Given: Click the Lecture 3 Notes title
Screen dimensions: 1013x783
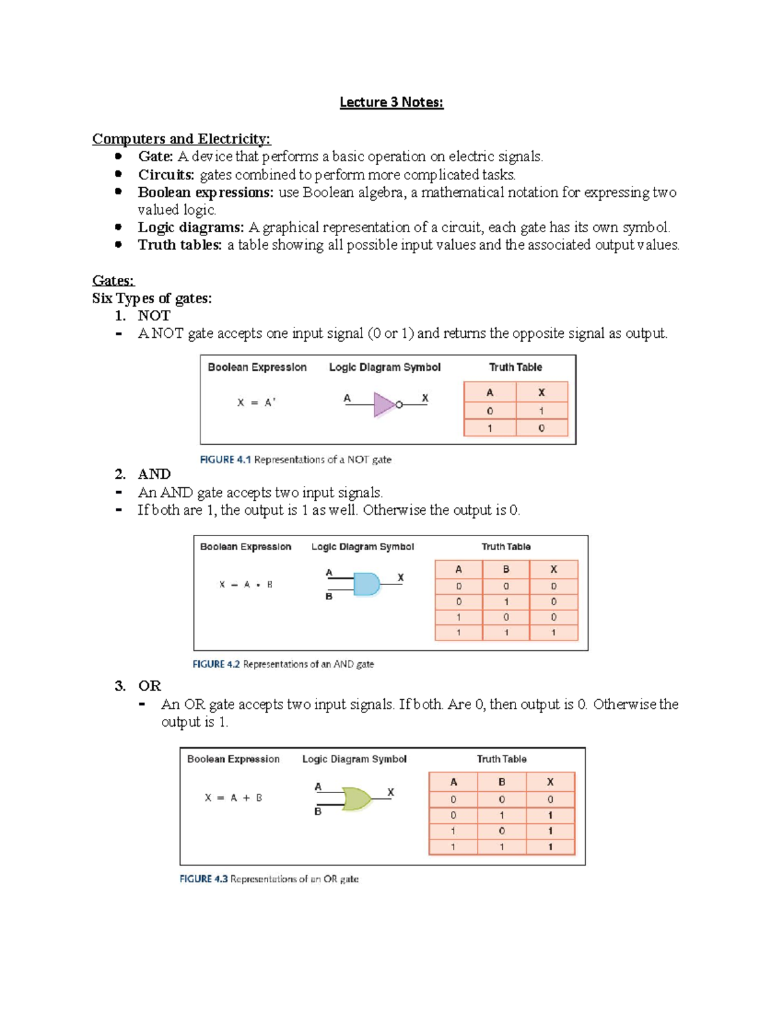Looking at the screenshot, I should tap(391, 102).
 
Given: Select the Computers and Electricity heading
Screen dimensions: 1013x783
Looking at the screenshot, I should tap(181, 139).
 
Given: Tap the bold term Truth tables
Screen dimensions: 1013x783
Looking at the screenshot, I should tap(179, 245).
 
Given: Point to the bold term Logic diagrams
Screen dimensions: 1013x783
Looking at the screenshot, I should tap(191, 228).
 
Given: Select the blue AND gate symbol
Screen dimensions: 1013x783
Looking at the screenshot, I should tap(366, 584).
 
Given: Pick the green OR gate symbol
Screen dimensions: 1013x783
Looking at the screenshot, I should tap(356, 798).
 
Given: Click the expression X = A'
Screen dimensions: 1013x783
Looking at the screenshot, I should tap(256, 403).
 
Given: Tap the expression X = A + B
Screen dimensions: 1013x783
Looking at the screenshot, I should tap(233, 798).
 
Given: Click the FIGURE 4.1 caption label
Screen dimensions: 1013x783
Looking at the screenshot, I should tap(225, 460).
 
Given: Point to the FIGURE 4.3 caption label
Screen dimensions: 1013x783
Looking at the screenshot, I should tap(204, 879).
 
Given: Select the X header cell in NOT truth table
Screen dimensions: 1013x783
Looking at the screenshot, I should tap(541, 393).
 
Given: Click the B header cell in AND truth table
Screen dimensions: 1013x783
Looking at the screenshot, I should tap(506, 569).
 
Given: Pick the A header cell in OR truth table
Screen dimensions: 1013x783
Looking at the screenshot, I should tap(453, 782).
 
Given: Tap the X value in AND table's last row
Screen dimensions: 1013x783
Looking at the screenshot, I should tap(553, 633).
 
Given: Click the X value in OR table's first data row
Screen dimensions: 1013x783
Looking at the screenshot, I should tap(550, 799).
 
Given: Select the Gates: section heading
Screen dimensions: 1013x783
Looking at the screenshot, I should tap(113, 280).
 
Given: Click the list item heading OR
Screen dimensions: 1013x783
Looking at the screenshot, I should tap(149, 686).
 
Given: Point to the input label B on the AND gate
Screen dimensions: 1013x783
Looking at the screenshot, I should tap(329, 596).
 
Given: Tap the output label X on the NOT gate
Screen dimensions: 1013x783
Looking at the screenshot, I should tap(425, 398).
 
